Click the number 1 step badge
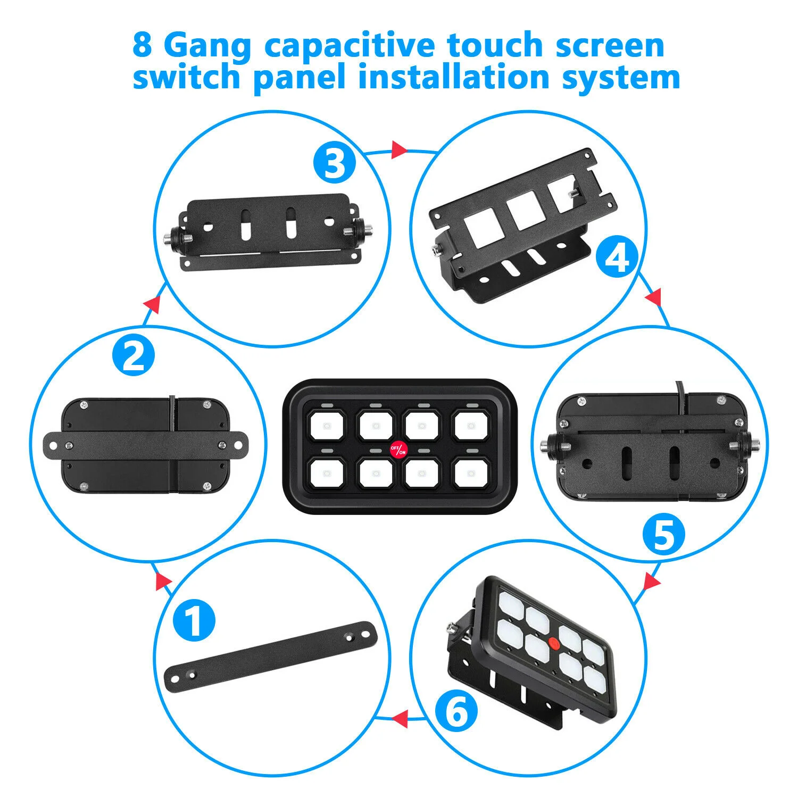pyautogui.click(x=194, y=620)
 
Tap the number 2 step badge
pyautogui.click(x=134, y=355)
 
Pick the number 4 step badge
pyautogui.click(x=617, y=258)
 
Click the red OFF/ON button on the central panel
pyautogui.click(x=398, y=450)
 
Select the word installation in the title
pyautogui.click(x=453, y=77)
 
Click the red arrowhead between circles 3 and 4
pyautogui.click(x=399, y=150)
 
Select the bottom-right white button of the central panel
pyautogui.click(x=470, y=472)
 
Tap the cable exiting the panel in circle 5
pyautogui.click(x=679, y=398)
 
